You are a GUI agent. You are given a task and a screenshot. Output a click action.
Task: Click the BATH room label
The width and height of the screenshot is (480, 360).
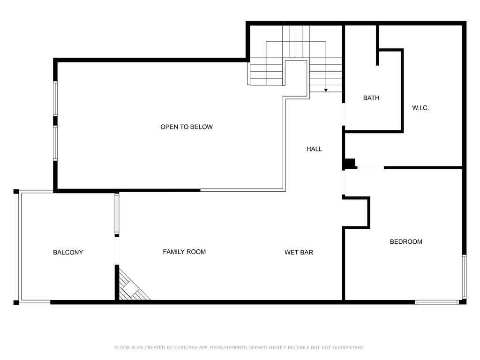click(x=371, y=98)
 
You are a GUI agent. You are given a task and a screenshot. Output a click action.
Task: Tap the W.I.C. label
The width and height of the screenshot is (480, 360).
click(x=420, y=108)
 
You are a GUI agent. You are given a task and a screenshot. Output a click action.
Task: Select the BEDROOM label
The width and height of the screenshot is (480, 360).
click(x=406, y=242)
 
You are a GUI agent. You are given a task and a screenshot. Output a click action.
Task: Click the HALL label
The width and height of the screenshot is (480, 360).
click(x=315, y=149)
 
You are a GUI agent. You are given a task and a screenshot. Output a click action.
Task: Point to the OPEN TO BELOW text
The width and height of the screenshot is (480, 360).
click(x=187, y=127)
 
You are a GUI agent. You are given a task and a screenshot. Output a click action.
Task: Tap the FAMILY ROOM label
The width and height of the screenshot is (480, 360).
click(x=184, y=252)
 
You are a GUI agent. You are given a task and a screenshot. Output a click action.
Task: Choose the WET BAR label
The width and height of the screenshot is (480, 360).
click(x=299, y=253)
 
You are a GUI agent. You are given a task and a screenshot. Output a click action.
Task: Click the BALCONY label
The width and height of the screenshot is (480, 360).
click(x=68, y=253)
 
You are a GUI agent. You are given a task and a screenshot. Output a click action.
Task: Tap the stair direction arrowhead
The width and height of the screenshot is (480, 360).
click(x=326, y=90)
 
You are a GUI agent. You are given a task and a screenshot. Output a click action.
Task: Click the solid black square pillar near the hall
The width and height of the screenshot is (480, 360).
click(x=350, y=164)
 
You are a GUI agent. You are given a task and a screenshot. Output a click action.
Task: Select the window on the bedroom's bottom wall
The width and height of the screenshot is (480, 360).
click(x=437, y=302)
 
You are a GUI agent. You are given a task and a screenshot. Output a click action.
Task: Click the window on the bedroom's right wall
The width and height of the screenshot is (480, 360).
click(x=465, y=277)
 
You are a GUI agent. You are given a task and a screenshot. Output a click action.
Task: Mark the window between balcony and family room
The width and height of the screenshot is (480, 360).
click(x=117, y=214)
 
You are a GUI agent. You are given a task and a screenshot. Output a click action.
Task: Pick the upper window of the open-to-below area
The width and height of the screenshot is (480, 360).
click(x=55, y=98)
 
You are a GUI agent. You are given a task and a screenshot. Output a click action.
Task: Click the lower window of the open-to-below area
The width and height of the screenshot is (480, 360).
click(x=55, y=143)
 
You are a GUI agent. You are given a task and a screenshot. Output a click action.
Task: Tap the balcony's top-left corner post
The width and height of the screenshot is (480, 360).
click(x=16, y=192)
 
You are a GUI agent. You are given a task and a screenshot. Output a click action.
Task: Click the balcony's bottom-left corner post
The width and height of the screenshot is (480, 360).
click(x=16, y=302)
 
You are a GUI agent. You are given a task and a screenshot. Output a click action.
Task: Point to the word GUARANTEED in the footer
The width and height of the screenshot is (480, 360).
click(x=349, y=347)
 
